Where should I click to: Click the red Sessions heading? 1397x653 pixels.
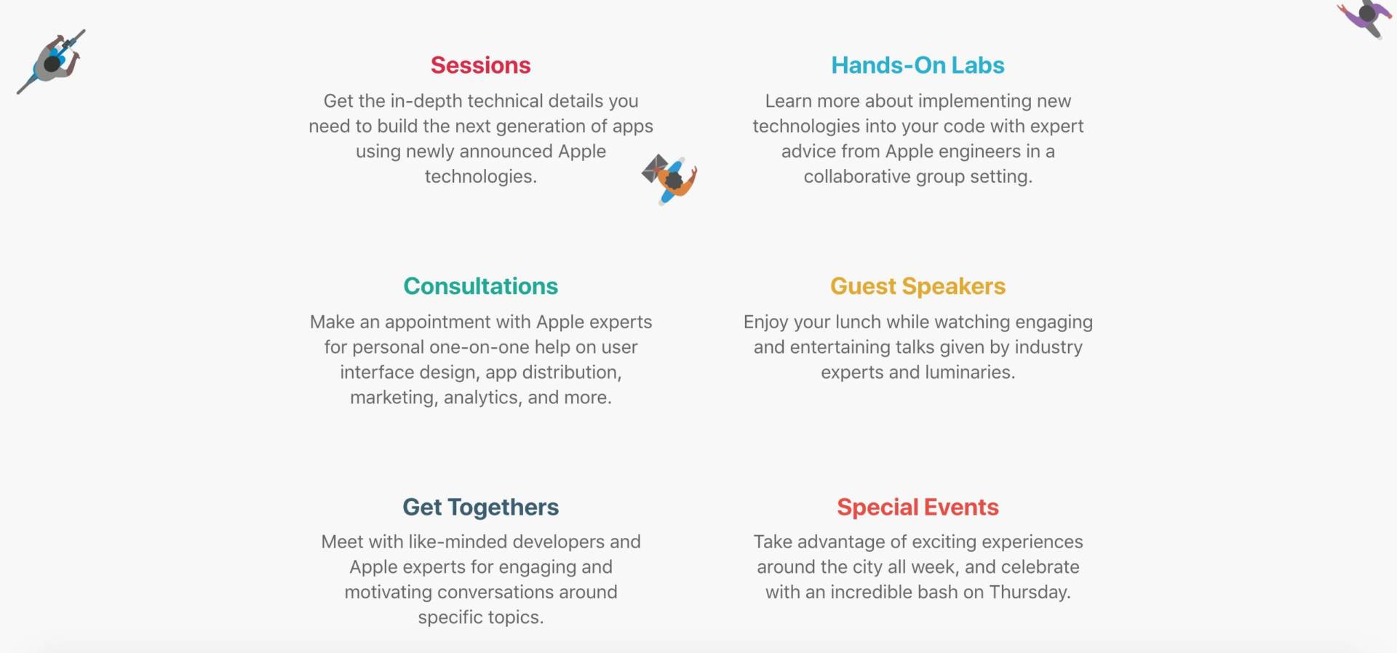coord(480,66)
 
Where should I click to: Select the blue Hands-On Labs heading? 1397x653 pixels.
coord(918,66)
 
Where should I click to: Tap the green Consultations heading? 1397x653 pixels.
coord(480,286)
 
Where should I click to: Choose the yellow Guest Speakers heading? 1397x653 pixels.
coord(918,287)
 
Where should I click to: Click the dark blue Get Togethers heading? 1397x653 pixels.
coord(480,507)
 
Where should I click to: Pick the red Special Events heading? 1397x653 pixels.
coord(918,507)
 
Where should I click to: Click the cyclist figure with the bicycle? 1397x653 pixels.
coord(52,62)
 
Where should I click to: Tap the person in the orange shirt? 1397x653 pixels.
coord(670,179)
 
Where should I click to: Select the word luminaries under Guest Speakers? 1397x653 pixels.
coord(970,373)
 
